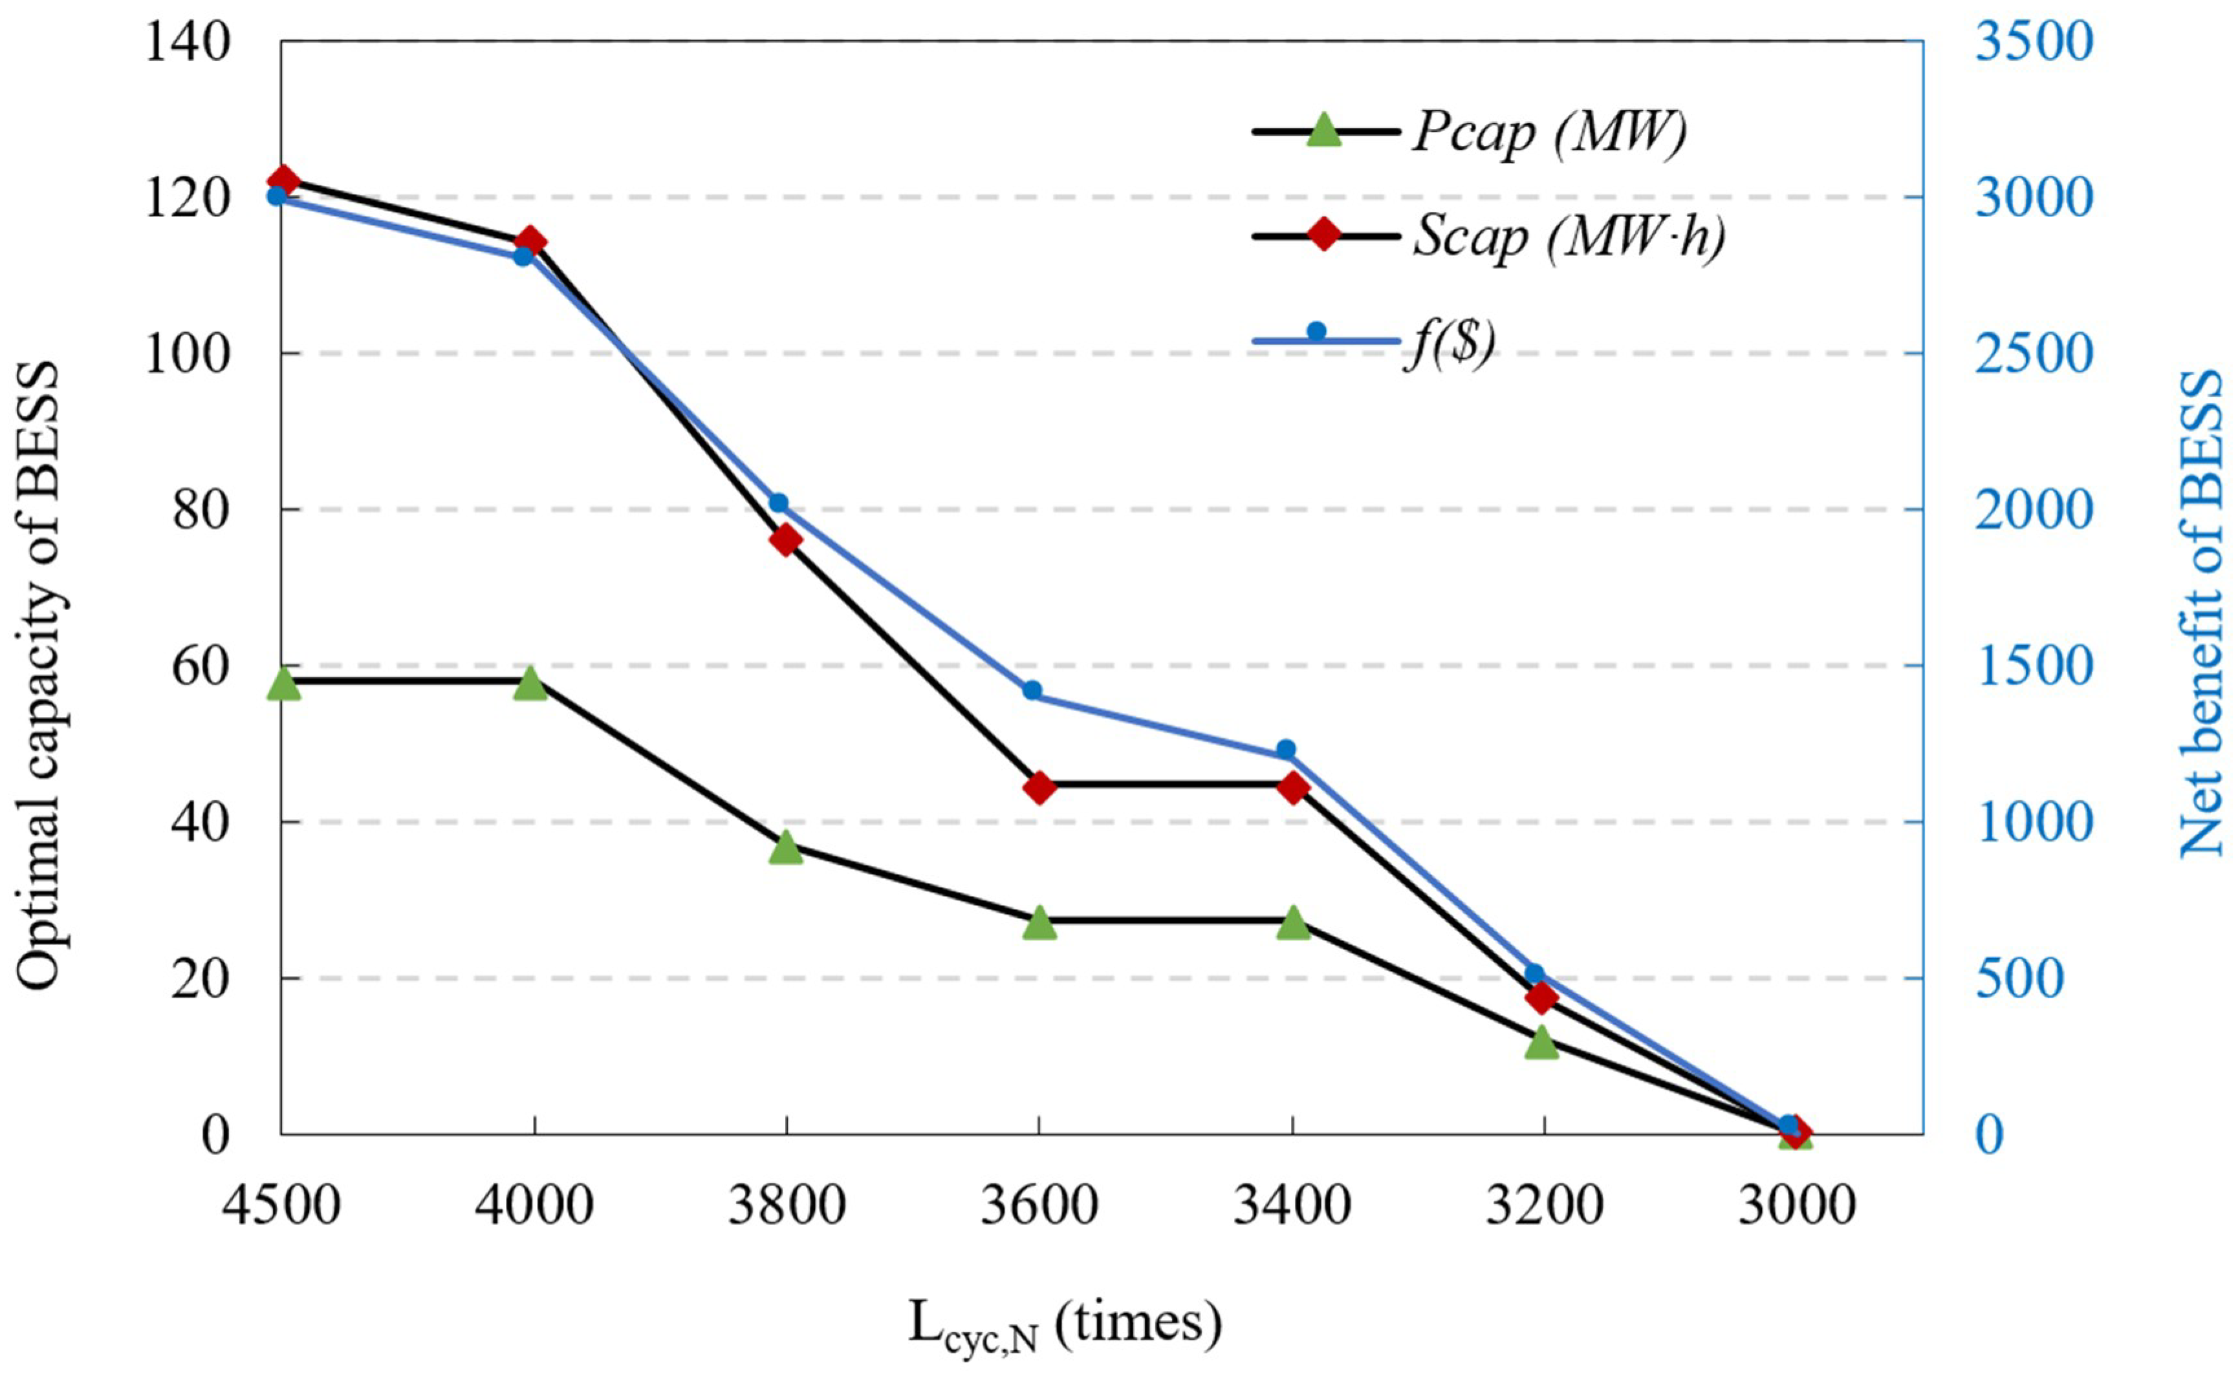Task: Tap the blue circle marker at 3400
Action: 1286,749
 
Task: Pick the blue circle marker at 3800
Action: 778,504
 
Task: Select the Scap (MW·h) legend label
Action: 1569,237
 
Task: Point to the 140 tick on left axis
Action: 187,42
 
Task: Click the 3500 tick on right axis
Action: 2032,42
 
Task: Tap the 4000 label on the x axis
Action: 534,1205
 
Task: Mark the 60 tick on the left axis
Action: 200,666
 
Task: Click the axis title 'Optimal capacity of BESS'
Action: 38,675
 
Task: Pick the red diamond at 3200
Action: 1541,997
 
